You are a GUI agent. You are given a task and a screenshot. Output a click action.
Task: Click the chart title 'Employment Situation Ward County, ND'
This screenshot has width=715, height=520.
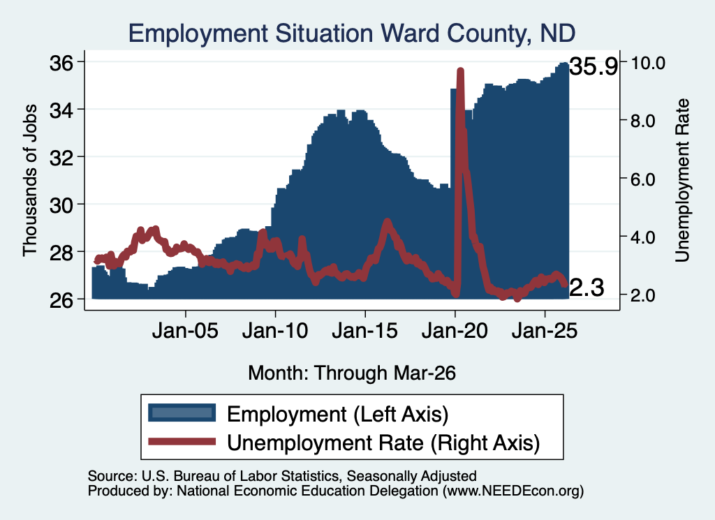click(x=352, y=34)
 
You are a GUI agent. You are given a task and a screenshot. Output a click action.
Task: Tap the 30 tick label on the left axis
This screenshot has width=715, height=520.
click(x=61, y=205)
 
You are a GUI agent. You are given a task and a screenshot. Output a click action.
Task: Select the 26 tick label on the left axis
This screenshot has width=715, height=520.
click(x=61, y=300)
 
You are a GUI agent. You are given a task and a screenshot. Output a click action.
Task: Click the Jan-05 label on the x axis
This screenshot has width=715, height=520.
click(x=185, y=330)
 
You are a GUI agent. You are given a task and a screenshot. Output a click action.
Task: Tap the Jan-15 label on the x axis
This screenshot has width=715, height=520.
click(x=364, y=330)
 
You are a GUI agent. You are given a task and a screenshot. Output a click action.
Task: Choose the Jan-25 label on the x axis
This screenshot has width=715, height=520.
click(x=545, y=330)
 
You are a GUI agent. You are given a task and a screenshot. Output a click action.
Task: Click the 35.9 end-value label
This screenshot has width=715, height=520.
click(x=594, y=66)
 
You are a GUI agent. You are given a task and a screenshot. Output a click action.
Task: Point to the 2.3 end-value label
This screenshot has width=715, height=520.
click(x=587, y=288)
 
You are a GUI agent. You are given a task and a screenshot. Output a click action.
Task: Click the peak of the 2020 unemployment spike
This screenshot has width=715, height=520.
click(x=460, y=71)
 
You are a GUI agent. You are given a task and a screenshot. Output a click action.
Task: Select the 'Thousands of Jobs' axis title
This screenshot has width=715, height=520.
click(x=29, y=181)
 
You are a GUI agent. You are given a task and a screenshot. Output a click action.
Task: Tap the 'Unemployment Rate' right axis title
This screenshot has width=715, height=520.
click(x=682, y=181)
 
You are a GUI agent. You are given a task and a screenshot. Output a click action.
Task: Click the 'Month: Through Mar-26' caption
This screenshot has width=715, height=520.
click(x=352, y=373)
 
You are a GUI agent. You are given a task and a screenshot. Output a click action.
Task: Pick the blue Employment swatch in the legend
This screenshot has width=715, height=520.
click(x=182, y=413)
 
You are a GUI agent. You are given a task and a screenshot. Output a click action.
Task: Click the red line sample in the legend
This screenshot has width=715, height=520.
click(x=182, y=441)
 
